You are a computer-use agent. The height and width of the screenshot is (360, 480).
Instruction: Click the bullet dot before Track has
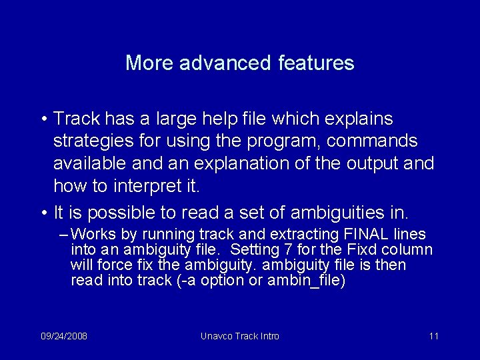tap(42, 119)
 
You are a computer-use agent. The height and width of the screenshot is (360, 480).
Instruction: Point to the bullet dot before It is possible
tap(42, 213)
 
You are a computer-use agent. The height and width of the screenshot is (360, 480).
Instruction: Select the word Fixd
tap(364, 250)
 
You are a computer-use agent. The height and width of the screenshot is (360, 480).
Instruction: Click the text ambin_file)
tap(306, 280)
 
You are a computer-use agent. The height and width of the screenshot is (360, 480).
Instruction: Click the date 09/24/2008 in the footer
tap(64, 336)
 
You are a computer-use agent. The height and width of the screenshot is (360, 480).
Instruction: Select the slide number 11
tap(433, 336)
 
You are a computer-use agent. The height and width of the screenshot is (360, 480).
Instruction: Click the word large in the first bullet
tap(177, 119)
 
